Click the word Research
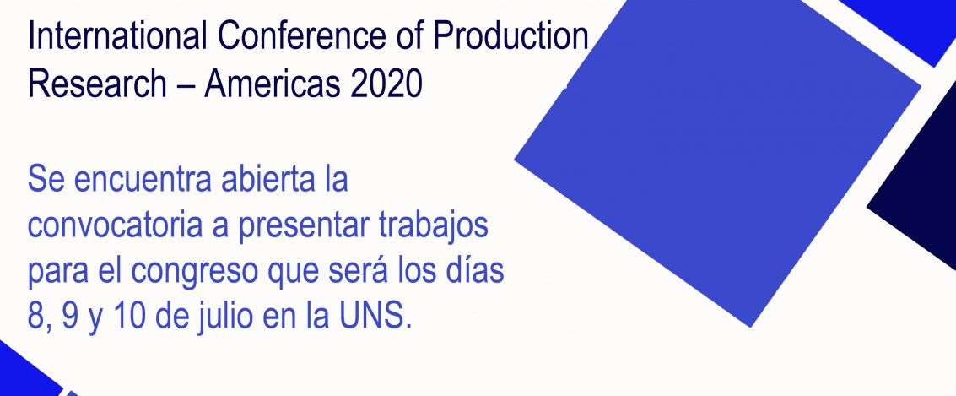(97, 84)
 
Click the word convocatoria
(115, 225)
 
